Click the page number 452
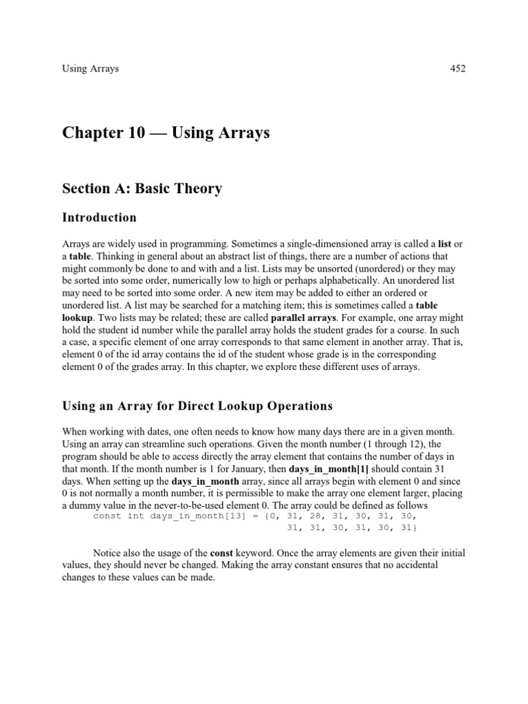point(457,69)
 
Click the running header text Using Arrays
point(90,69)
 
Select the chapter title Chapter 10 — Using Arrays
point(166,133)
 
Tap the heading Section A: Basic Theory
point(142,188)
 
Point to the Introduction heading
point(99,218)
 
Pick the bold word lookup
point(77,318)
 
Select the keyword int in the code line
point(135,516)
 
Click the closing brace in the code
point(415,527)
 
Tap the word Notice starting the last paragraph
point(109,553)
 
